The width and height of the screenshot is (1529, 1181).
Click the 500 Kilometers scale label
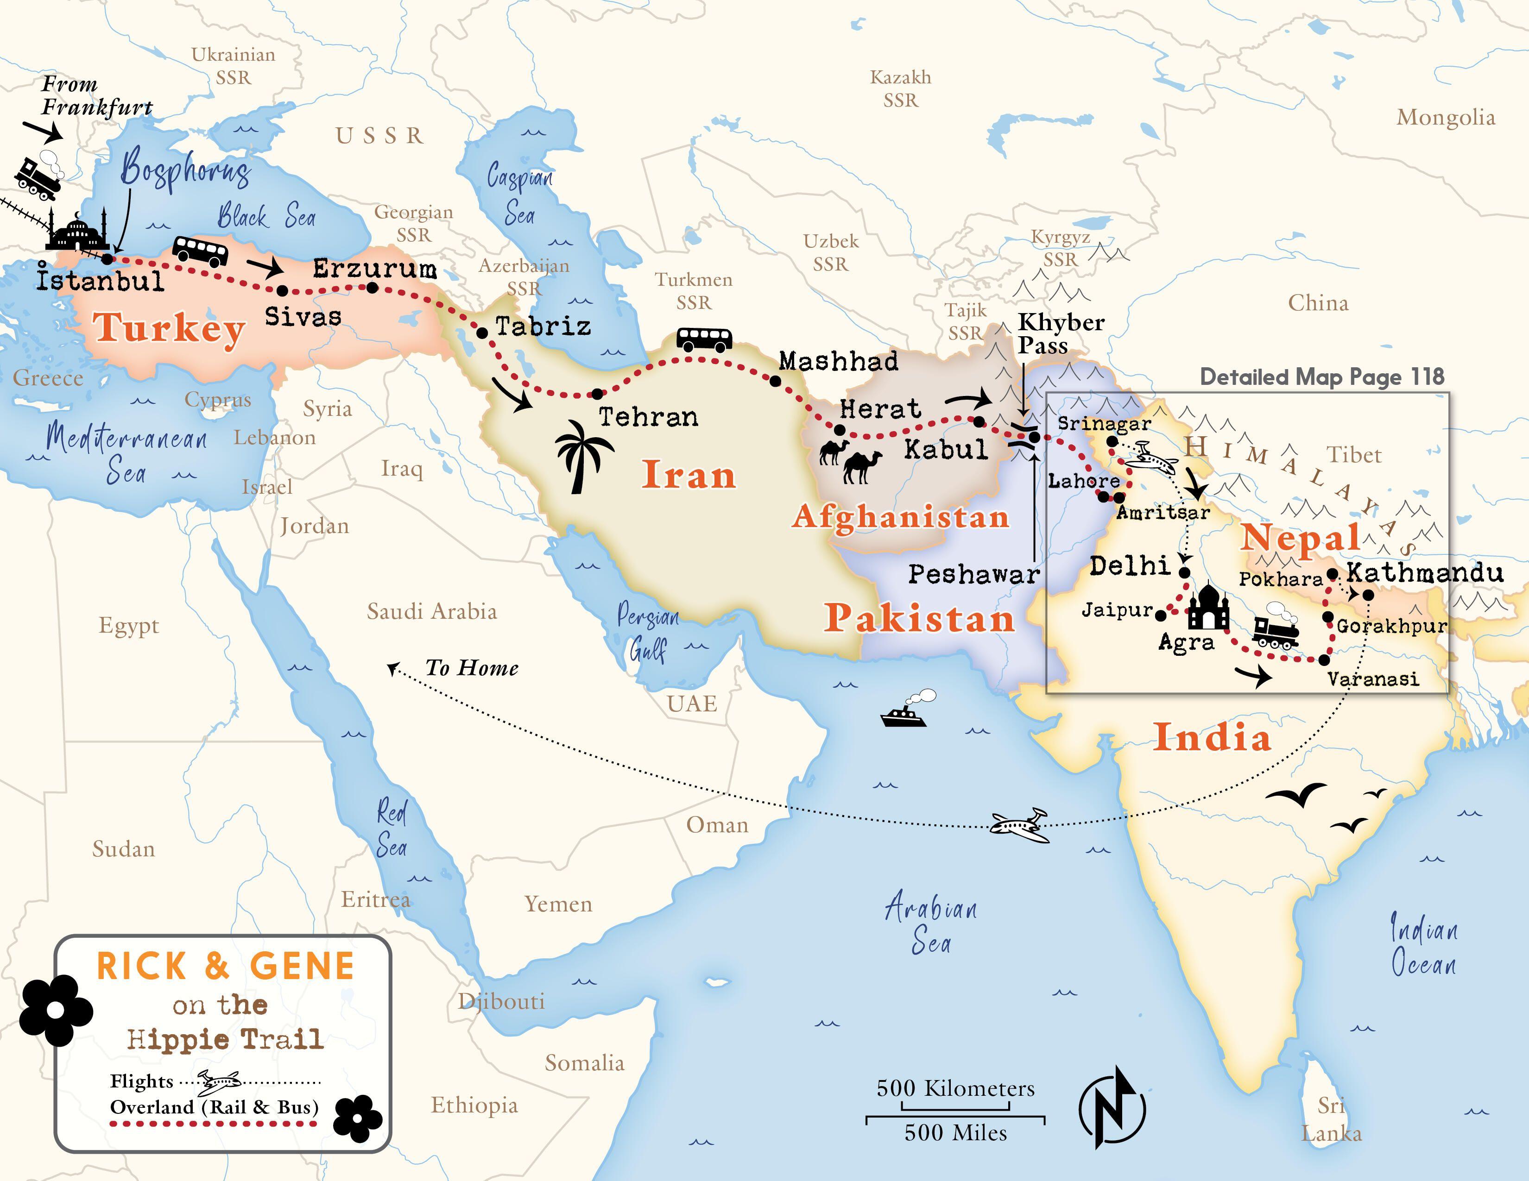[955, 1088]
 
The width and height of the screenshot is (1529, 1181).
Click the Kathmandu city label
[1425, 573]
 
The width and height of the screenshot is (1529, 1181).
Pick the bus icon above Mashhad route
[704, 339]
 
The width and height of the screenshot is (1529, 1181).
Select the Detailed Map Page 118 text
[1322, 377]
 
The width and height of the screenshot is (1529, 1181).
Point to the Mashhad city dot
[775, 381]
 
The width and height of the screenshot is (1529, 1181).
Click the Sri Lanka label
[1331, 1119]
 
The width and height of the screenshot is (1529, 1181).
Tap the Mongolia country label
[1446, 118]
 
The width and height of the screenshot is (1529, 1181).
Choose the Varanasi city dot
[1324, 660]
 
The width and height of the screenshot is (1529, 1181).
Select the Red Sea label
[392, 829]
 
